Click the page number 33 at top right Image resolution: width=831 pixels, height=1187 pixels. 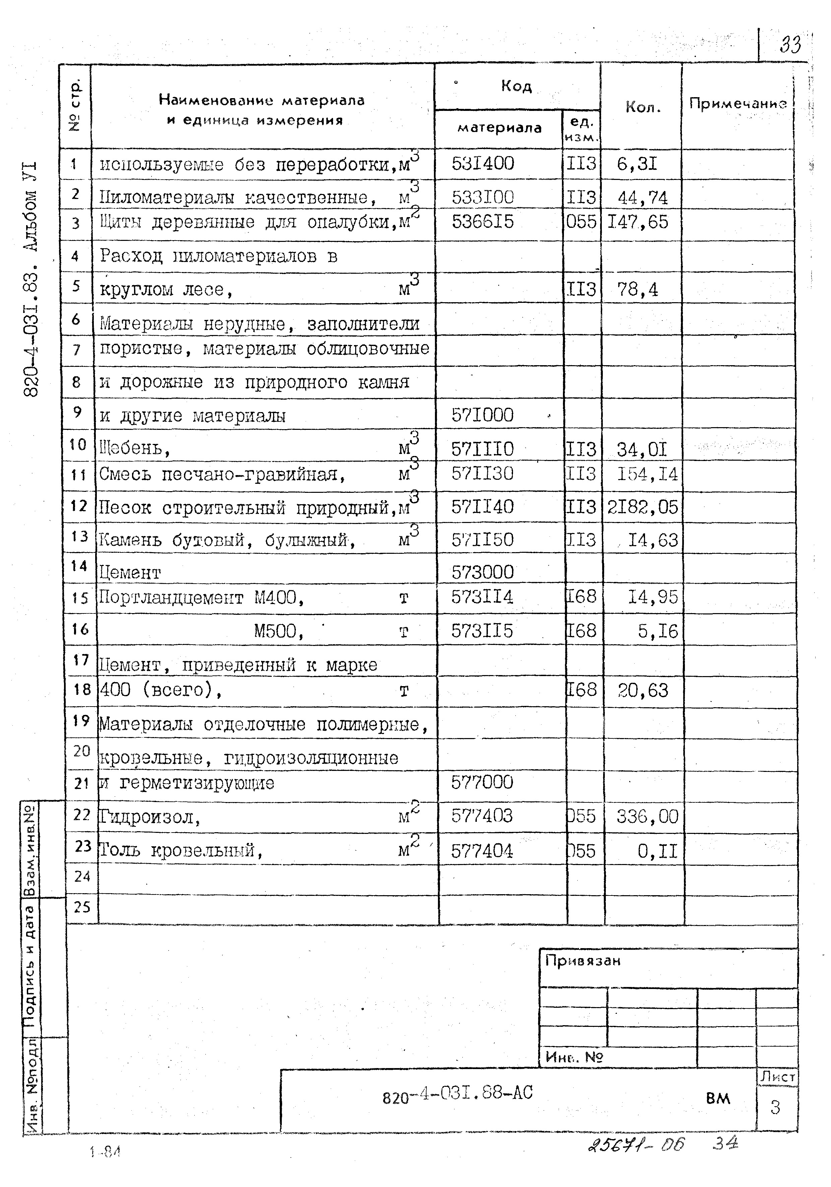click(x=790, y=45)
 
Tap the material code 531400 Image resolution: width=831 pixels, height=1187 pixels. click(x=483, y=164)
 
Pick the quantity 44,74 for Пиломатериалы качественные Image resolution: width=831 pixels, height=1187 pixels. click(x=642, y=197)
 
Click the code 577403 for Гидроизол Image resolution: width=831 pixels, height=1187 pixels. click(x=482, y=816)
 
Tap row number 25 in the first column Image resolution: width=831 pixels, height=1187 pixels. click(x=82, y=907)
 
